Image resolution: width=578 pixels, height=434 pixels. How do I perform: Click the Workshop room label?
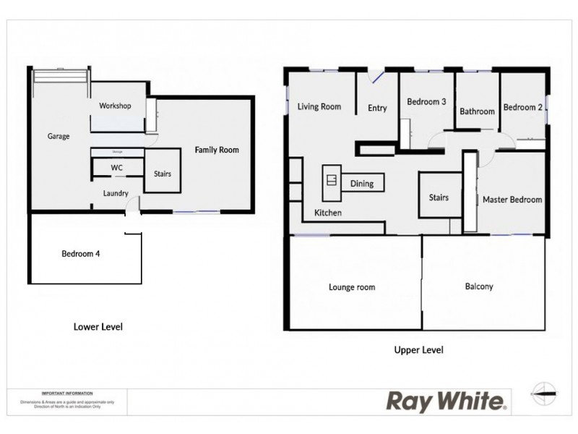click(115, 106)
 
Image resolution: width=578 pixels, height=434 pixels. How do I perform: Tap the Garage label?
click(59, 136)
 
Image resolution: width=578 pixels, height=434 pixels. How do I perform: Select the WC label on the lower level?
click(116, 167)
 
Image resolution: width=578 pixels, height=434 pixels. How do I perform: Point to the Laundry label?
click(116, 193)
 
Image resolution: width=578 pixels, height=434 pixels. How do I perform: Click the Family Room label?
click(216, 150)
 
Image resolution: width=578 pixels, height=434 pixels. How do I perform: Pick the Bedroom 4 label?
click(80, 254)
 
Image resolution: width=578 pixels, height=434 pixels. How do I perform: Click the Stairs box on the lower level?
click(163, 174)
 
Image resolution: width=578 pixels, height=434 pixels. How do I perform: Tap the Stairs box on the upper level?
click(439, 197)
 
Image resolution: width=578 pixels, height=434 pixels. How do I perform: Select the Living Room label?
click(319, 107)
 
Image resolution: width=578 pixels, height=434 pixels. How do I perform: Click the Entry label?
click(377, 109)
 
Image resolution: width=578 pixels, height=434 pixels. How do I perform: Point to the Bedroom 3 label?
click(426, 102)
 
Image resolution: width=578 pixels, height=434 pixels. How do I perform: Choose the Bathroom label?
click(477, 111)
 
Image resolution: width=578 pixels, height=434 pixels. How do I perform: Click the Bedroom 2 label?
click(523, 107)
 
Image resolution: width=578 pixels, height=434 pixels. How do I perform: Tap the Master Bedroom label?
click(512, 200)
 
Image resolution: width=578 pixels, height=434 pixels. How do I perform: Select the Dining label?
click(362, 184)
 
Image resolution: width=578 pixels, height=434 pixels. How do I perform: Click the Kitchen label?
click(327, 213)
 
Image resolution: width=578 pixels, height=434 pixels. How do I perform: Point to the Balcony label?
click(478, 286)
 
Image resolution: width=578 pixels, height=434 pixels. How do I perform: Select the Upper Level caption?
click(418, 350)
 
